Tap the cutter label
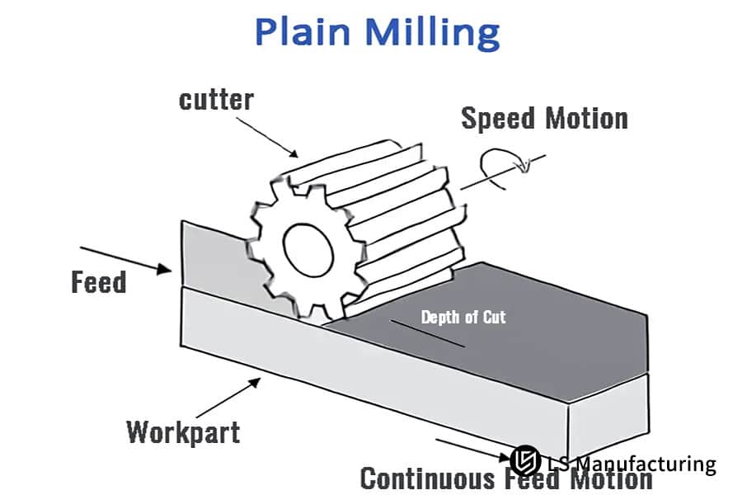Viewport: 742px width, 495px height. coord(217,100)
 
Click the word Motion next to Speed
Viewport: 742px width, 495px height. coord(587,118)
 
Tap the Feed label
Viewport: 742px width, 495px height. coord(99,283)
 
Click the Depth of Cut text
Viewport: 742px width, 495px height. coord(463,317)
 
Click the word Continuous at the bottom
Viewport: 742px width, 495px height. coord(429,478)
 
